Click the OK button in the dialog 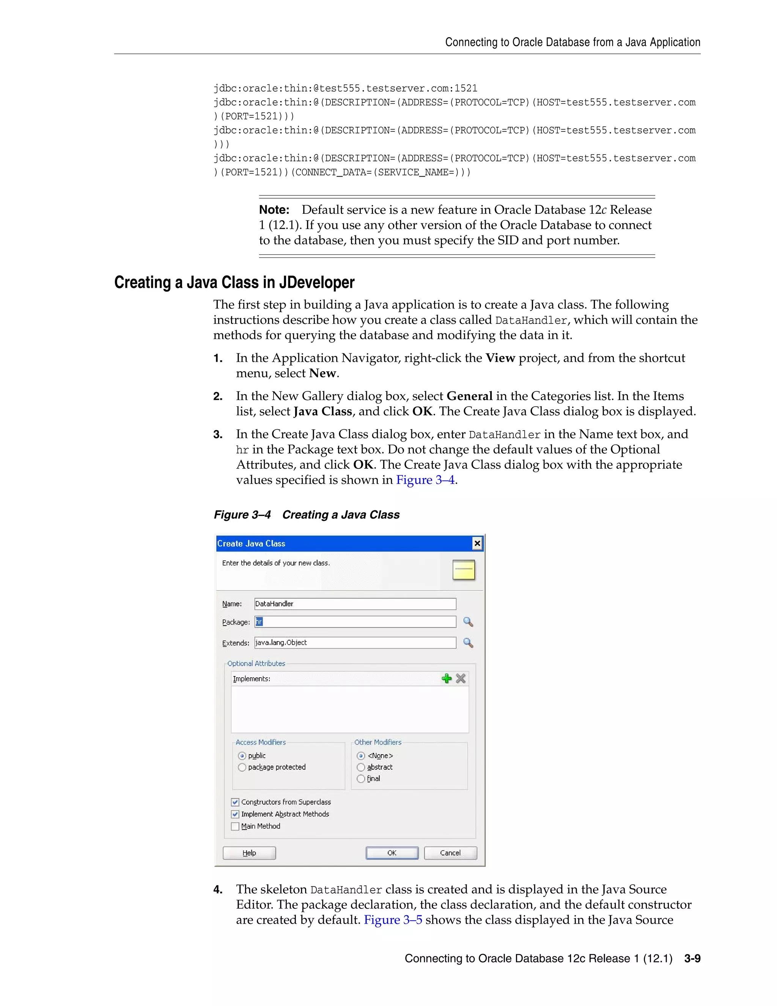coord(392,853)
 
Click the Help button coord(249,853)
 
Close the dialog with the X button coord(477,544)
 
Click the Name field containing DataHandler coord(355,604)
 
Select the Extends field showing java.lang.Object coord(355,643)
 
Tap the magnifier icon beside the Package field coord(468,622)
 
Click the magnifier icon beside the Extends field coord(468,643)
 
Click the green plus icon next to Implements coord(446,678)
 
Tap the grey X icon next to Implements coord(461,678)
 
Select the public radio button coord(242,755)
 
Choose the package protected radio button coord(242,767)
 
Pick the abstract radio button coord(361,767)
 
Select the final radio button coord(361,779)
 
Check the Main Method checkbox coord(235,826)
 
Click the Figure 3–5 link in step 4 coord(393,919)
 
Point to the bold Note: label coord(274,210)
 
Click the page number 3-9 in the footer coord(692,958)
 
